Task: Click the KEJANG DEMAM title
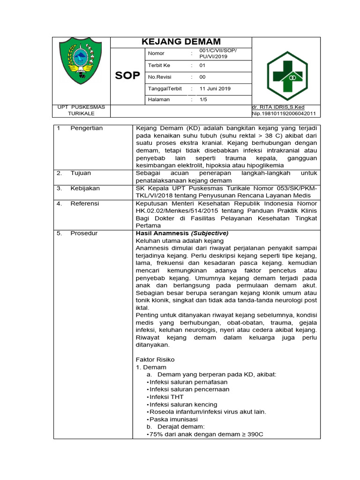(x=181, y=42)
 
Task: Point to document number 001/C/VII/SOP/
(x=218, y=50)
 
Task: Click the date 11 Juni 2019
(x=215, y=89)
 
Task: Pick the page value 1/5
(x=203, y=99)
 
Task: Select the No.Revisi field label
(x=160, y=77)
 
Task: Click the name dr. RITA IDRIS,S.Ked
(x=278, y=107)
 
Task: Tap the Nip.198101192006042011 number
(x=284, y=113)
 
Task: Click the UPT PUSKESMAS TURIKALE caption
(x=81, y=110)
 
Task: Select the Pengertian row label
(x=86, y=128)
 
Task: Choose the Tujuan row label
(x=81, y=173)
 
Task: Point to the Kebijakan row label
(x=85, y=188)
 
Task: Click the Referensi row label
(x=85, y=203)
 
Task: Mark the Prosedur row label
(x=84, y=233)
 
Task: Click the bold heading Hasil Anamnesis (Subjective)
(x=182, y=233)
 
